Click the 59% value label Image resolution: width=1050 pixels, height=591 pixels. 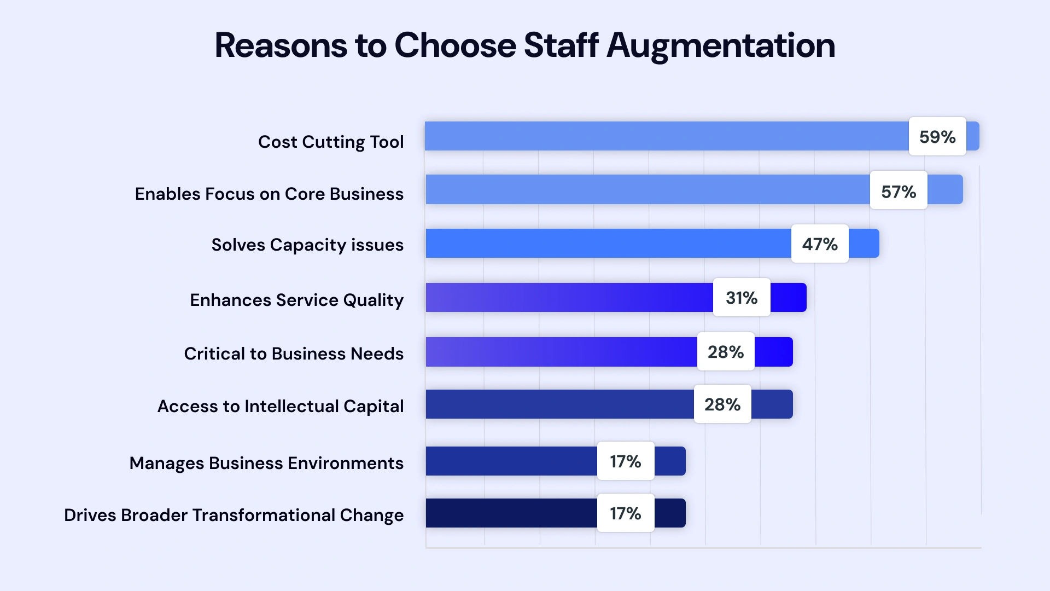click(x=937, y=136)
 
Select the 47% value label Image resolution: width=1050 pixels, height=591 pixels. click(x=820, y=244)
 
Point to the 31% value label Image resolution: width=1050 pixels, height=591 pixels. click(x=742, y=298)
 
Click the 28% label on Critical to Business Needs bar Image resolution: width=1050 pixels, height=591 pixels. click(x=726, y=352)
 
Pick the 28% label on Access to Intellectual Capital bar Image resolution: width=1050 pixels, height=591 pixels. click(x=722, y=404)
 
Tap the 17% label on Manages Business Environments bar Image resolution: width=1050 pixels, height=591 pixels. click(x=626, y=461)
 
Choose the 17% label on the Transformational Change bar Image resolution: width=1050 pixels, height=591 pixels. click(x=626, y=513)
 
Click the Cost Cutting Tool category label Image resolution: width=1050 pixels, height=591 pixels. click(x=331, y=142)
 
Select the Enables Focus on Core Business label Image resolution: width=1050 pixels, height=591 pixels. click(x=269, y=194)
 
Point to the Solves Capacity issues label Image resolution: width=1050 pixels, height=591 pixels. click(x=307, y=245)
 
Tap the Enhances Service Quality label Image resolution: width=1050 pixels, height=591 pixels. click(x=296, y=300)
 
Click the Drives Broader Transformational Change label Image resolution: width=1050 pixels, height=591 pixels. click(x=234, y=515)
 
